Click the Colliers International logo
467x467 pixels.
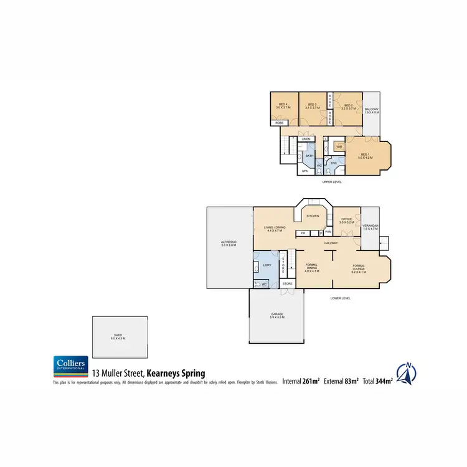click(x=68, y=367)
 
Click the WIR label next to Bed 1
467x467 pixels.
click(x=339, y=147)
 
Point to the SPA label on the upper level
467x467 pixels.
click(x=305, y=170)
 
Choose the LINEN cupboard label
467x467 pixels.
click(x=306, y=139)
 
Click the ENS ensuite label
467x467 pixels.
click(x=333, y=163)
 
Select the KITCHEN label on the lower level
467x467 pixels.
click(x=313, y=215)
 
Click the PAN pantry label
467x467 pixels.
click(x=328, y=233)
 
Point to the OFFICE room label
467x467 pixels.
click(x=347, y=218)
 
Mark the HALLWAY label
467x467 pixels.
click(x=330, y=243)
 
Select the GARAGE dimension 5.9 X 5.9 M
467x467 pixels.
click(x=277, y=318)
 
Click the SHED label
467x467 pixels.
click(x=118, y=335)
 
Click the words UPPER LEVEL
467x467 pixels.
click(x=332, y=182)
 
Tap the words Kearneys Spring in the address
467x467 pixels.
click(x=176, y=374)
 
